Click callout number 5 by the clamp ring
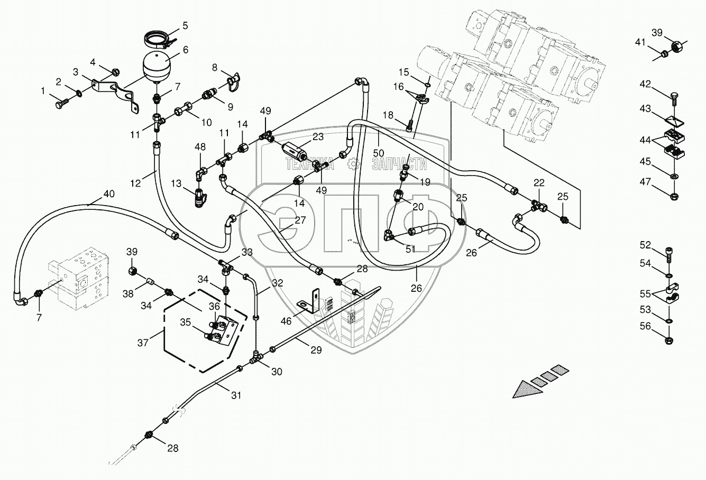(x=185, y=24)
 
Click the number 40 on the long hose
(x=108, y=194)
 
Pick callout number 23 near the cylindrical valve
(x=318, y=136)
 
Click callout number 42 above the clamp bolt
(x=646, y=85)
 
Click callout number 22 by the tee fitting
(x=539, y=183)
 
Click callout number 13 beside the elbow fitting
(x=176, y=183)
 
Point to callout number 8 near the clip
(x=215, y=67)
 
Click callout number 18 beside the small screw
(x=402, y=115)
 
